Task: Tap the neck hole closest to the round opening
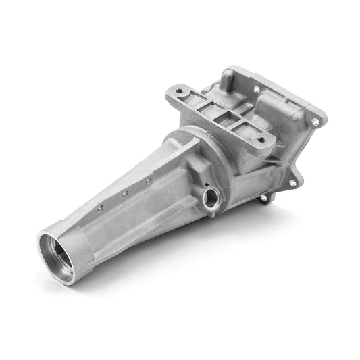coord(101,207)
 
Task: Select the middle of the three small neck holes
coord(124,194)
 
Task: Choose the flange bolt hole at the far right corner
coord(314,122)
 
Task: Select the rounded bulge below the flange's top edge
coord(274,108)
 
